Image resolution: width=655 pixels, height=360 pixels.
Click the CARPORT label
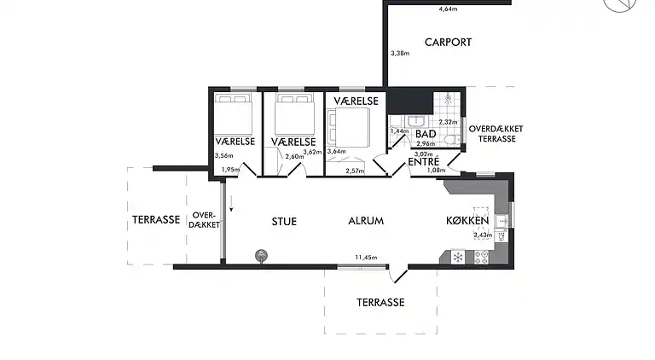pyautogui.click(x=448, y=42)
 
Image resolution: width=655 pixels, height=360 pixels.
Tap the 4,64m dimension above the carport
pyautogui.click(x=447, y=9)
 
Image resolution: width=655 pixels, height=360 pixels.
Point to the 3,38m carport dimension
pyautogui.click(x=399, y=53)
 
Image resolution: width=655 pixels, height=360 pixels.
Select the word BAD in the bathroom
pyautogui.click(x=425, y=134)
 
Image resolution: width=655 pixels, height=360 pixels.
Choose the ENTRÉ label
pyautogui.click(x=423, y=161)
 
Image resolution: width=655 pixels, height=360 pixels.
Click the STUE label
pyautogui.click(x=284, y=221)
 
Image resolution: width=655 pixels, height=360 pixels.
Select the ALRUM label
pyautogui.click(x=366, y=221)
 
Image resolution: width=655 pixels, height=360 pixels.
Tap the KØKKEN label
pyautogui.click(x=467, y=221)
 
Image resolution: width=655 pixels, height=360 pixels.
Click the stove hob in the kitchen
pyautogui.click(x=480, y=256)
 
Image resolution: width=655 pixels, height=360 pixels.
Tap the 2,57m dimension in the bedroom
pyautogui.click(x=355, y=171)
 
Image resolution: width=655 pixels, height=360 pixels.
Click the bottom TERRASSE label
pyautogui.click(x=380, y=302)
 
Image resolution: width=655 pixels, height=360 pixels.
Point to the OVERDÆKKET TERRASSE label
pyautogui.click(x=496, y=132)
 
